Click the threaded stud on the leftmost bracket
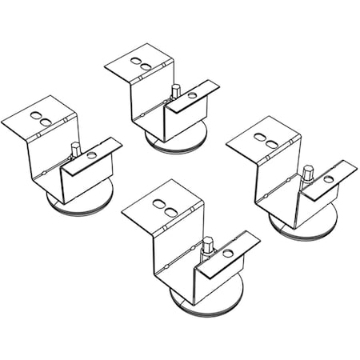73,148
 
